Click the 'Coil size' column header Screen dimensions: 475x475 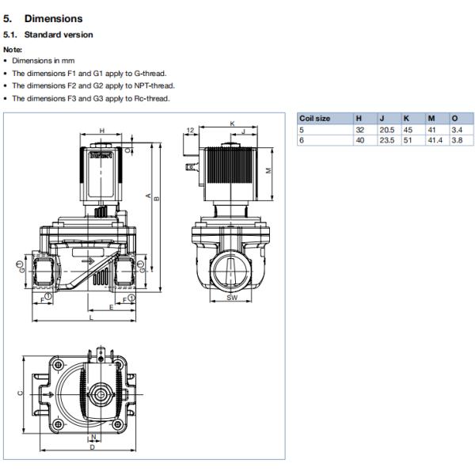pos(314,119)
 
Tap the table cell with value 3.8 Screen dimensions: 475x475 pos(456,139)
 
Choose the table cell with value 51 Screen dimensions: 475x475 pos(408,139)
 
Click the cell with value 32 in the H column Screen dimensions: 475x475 pos(359,129)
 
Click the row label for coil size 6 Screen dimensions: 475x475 pos(302,139)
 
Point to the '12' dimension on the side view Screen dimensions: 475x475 pos(191,129)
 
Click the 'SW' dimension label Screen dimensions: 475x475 pos(232,298)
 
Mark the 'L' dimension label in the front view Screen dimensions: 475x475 pos(91,317)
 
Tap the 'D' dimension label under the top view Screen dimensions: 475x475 pos(93,448)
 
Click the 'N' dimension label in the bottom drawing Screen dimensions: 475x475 pos(93,436)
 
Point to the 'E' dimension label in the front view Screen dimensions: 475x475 pos(111,306)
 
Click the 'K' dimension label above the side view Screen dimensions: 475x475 pos(232,123)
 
